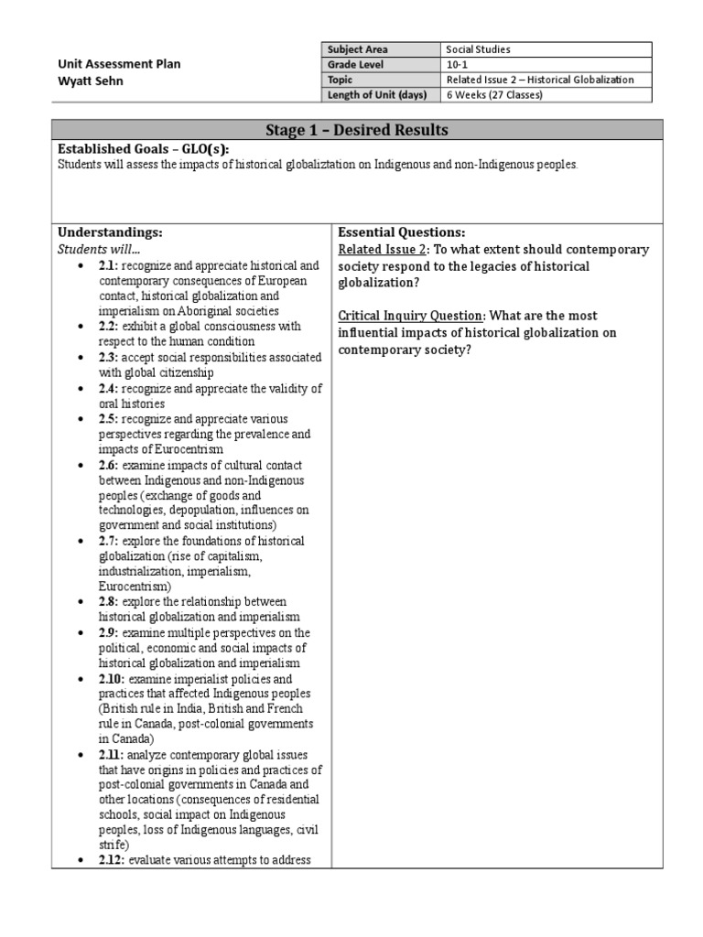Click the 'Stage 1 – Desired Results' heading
pos(356,130)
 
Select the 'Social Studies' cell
pos(478,49)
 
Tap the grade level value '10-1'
pos(457,65)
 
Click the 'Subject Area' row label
pos(356,49)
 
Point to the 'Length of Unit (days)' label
pos(375,95)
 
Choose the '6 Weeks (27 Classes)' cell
pos(494,95)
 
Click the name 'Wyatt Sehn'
pos(92,81)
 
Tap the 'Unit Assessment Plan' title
pos(120,64)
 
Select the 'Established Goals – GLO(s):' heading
pos(143,149)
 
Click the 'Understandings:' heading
pos(110,232)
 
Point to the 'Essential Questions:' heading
pos(402,232)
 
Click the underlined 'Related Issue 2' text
pos(382,250)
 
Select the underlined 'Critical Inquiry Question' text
pos(411,316)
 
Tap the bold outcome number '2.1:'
pos(110,265)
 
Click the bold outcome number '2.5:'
pos(110,418)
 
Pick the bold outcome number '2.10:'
pos(113,679)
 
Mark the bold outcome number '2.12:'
pos(113,860)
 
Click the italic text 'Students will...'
pos(100,249)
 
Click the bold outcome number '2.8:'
pos(110,602)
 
